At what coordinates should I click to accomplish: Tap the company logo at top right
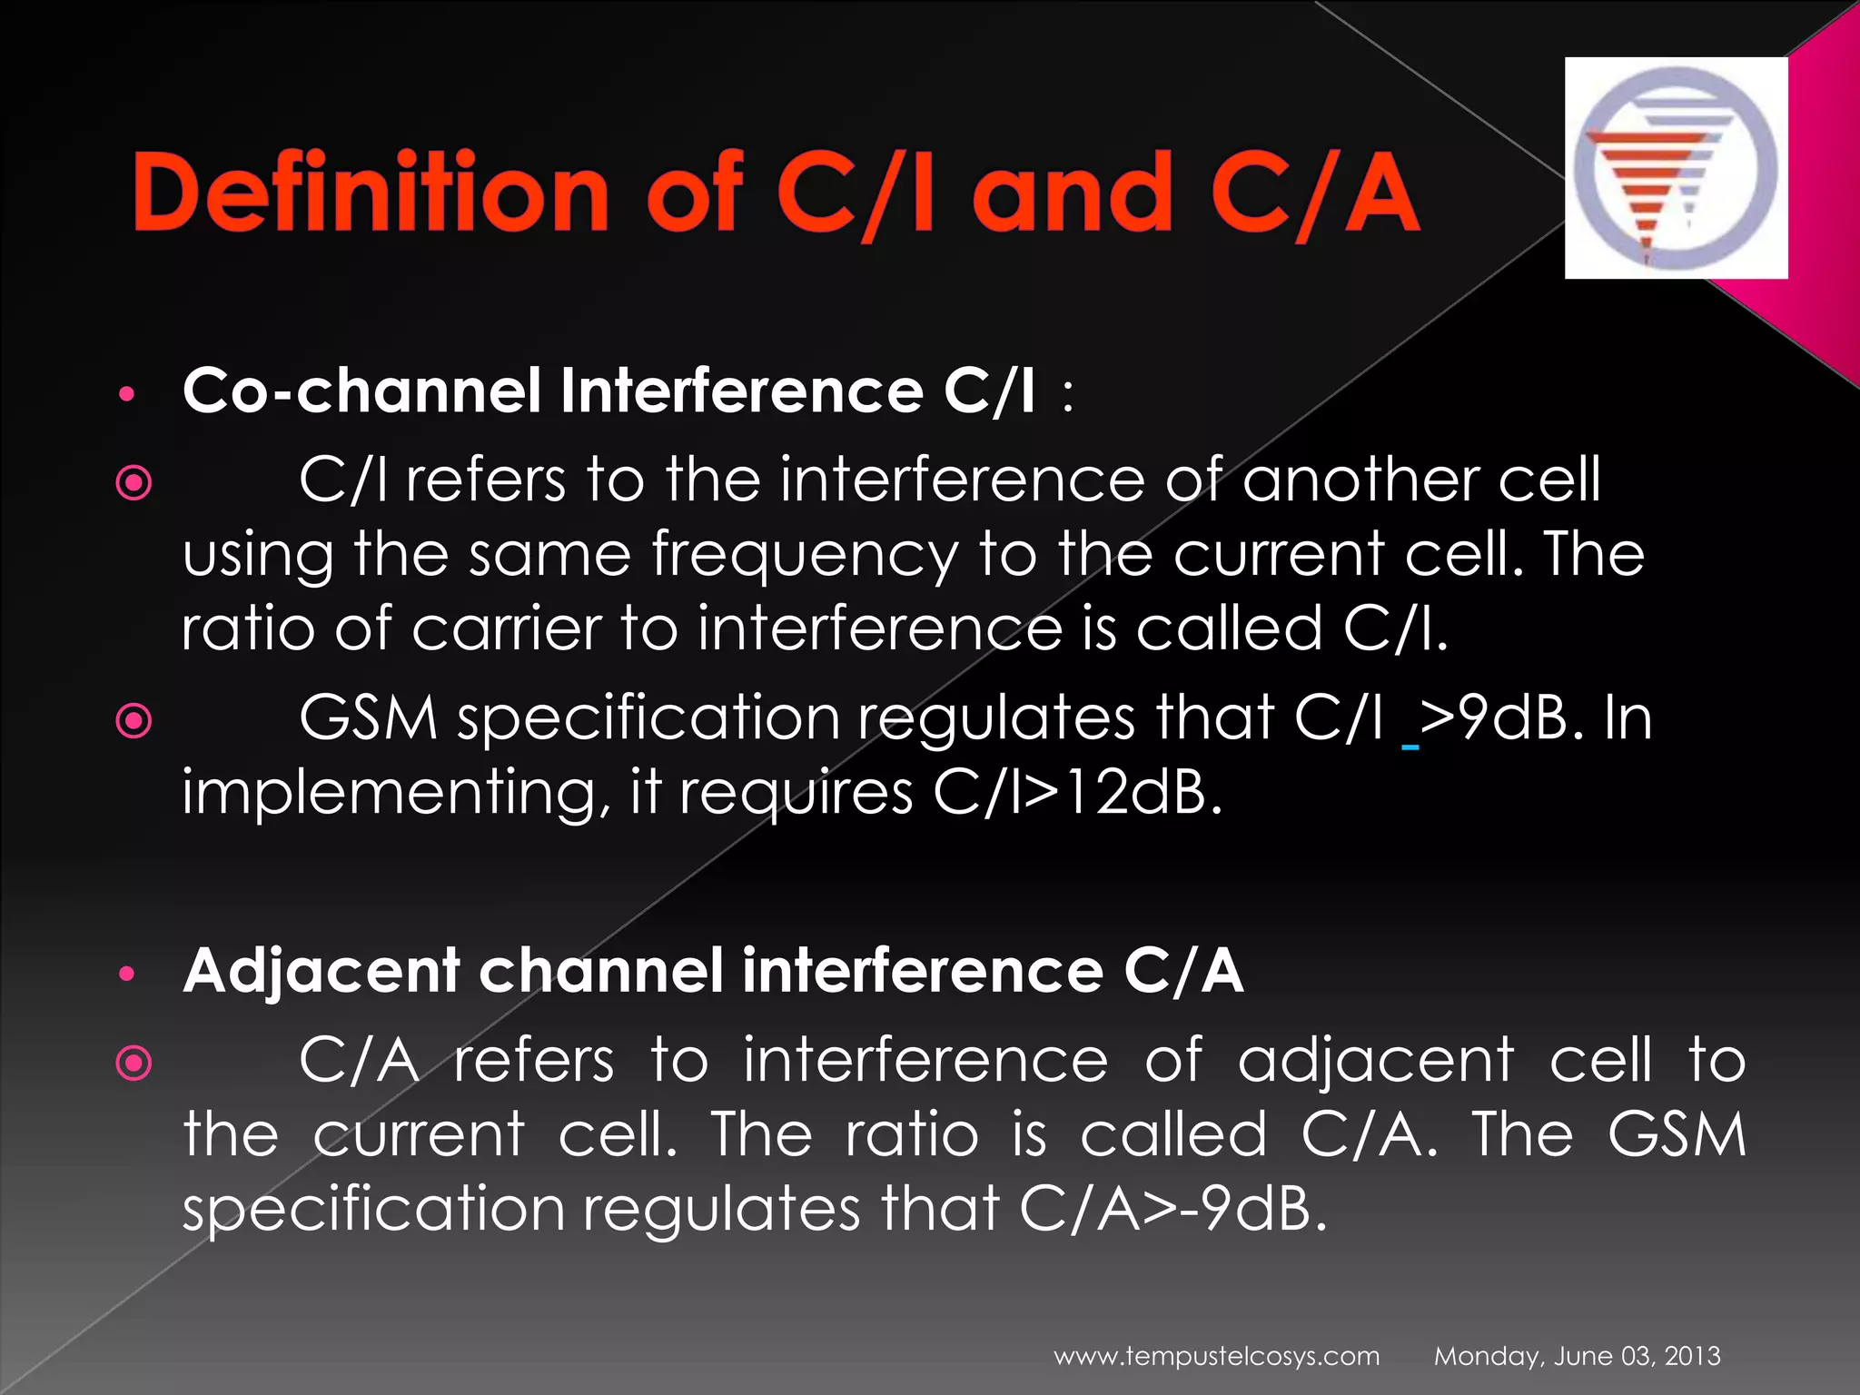pyautogui.click(x=1676, y=168)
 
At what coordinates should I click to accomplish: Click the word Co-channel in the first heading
pyautogui.click(x=361, y=391)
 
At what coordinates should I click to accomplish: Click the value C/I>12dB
pyautogui.click(x=1077, y=793)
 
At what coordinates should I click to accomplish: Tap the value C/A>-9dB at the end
pyautogui.click(x=1172, y=1209)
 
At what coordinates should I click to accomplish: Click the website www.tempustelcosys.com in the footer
pyautogui.click(x=1216, y=1357)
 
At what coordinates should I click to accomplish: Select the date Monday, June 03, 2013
pyautogui.click(x=1577, y=1357)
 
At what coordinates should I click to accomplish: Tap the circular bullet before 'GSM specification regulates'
pyautogui.click(x=134, y=722)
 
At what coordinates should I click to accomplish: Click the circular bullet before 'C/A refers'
pyautogui.click(x=134, y=1062)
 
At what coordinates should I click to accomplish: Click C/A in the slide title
pyautogui.click(x=1314, y=192)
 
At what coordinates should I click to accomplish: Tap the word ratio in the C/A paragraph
pyautogui.click(x=911, y=1135)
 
